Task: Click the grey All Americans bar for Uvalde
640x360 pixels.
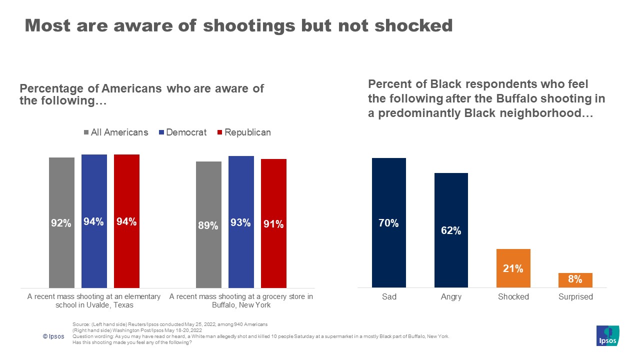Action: coord(61,222)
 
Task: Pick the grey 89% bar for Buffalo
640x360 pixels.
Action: coord(208,224)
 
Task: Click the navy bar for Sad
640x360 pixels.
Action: coord(389,222)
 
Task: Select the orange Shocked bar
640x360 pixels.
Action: coord(513,268)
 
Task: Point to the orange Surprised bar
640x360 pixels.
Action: coord(575,280)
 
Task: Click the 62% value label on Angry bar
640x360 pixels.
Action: coord(451,231)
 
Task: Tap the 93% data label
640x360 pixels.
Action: coord(241,223)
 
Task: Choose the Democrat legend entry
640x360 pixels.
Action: coord(183,132)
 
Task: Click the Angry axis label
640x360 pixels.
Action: coord(451,296)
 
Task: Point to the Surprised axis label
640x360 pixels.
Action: coord(575,296)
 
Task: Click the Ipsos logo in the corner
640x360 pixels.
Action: coord(607,335)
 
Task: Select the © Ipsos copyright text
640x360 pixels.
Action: coord(53,336)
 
